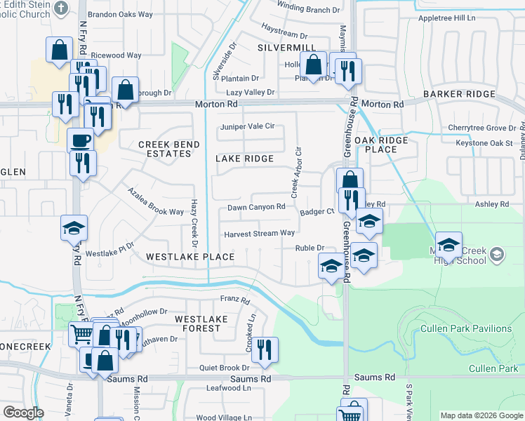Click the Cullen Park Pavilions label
click(x=466, y=328)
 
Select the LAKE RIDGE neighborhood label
click(x=244, y=159)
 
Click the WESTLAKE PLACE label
click(x=190, y=257)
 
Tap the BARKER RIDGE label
click(x=470, y=94)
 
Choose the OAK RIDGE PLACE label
click(x=381, y=145)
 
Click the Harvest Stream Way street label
click(x=259, y=234)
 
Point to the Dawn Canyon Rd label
click(x=256, y=207)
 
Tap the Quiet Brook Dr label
click(x=224, y=367)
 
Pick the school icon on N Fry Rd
click(x=74, y=227)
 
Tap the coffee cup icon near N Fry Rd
click(x=80, y=140)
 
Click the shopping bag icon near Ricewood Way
click(x=58, y=49)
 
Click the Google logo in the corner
click(x=23, y=413)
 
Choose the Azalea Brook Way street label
click(x=154, y=202)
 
